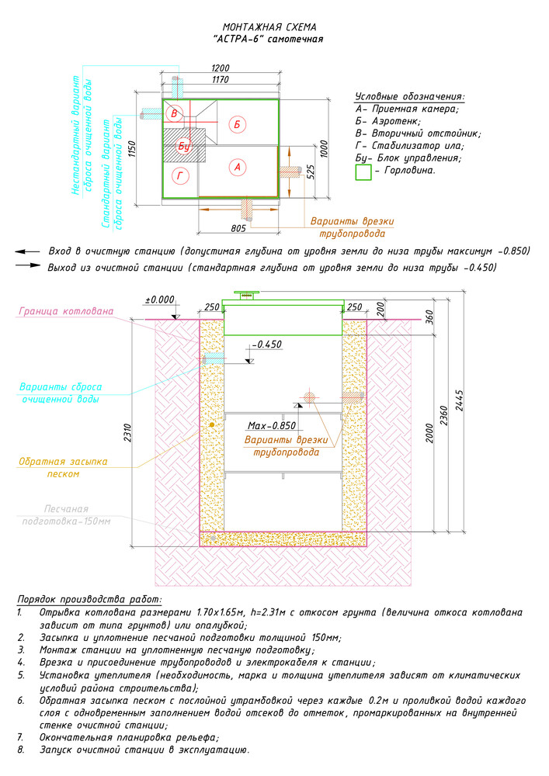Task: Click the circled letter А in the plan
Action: (x=238, y=167)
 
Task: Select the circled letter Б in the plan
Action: (x=237, y=124)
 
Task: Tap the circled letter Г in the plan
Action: (x=180, y=175)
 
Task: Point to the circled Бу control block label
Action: (x=184, y=146)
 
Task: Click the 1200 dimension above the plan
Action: (x=221, y=68)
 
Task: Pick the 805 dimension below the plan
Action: (x=238, y=228)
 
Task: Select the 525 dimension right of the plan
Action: (x=311, y=172)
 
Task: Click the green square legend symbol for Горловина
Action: (x=363, y=172)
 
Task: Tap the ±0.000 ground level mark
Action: (x=160, y=300)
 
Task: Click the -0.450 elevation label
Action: (x=267, y=344)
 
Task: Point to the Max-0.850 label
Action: (x=271, y=425)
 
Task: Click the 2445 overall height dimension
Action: (x=459, y=401)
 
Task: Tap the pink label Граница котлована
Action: (x=66, y=311)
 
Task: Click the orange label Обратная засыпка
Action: (x=63, y=461)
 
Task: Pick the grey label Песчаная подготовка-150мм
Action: (x=66, y=514)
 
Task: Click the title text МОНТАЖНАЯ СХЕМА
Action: (x=269, y=27)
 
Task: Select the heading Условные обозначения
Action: (x=410, y=96)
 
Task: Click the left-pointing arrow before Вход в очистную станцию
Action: (x=27, y=252)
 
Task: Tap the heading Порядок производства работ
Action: (x=89, y=600)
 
